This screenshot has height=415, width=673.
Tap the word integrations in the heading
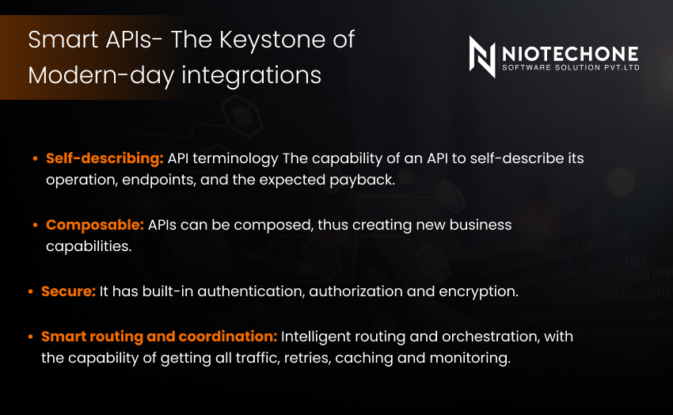pos(251,76)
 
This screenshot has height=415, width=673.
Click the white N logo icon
pos(482,57)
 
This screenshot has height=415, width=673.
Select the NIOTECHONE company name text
pos(570,54)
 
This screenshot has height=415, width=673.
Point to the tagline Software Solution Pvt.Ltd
pos(571,67)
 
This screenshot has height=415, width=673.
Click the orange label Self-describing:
pos(105,158)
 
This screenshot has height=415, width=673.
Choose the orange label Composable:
pos(95,225)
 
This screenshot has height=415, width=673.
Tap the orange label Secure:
pos(68,291)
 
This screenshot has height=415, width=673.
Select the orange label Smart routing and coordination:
pos(159,337)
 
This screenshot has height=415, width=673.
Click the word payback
pos(362,181)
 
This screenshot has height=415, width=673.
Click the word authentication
pos(251,291)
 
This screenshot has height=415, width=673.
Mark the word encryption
pos(478,291)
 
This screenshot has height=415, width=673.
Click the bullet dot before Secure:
pos(30,291)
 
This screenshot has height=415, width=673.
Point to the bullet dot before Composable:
pos(35,225)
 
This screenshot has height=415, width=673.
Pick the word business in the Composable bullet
pos(481,225)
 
